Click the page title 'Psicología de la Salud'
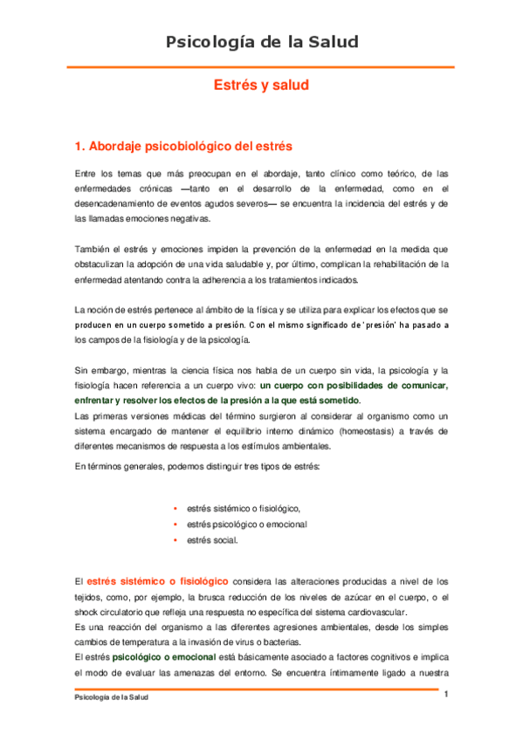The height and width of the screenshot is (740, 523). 262,42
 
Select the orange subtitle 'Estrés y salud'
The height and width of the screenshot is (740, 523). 262,86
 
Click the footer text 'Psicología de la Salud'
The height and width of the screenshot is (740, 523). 112,700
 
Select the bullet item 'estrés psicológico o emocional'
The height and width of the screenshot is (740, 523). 246,524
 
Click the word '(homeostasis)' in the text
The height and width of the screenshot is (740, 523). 371,430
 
